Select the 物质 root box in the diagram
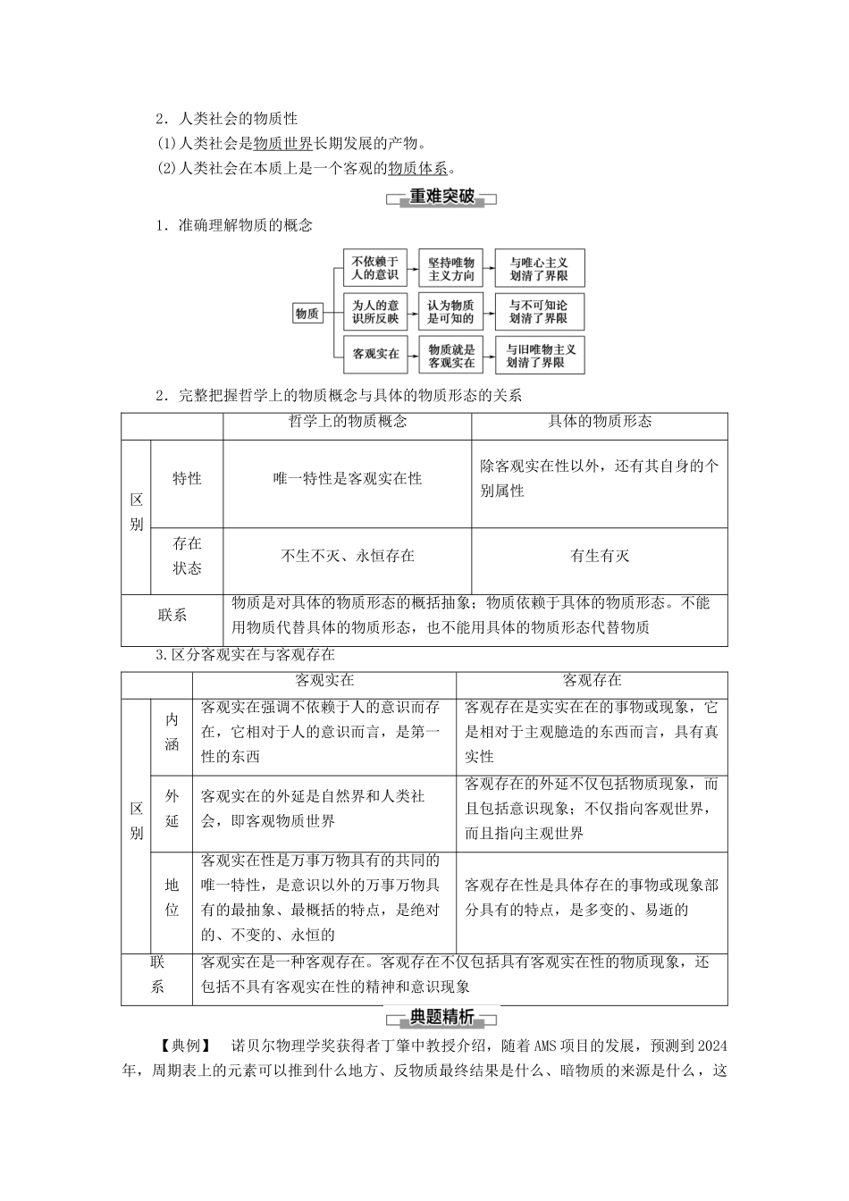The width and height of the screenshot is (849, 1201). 307,313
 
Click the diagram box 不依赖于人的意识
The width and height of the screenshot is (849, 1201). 375,268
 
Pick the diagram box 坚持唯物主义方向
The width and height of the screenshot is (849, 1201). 451,268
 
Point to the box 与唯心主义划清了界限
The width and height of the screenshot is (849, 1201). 539,268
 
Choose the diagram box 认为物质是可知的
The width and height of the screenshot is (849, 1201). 451,311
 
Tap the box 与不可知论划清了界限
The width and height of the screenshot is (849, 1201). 539,311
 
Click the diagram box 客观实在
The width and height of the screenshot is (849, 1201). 375,354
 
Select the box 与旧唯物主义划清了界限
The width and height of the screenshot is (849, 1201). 539,355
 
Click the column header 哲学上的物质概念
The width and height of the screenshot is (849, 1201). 348,422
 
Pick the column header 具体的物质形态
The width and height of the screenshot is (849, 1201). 599,422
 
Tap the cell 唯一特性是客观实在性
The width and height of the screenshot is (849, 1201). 347,479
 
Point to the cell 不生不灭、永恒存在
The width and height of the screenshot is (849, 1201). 347,556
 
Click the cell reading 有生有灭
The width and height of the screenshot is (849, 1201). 599,556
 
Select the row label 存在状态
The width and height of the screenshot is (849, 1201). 187,556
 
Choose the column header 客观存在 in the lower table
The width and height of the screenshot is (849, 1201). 592,681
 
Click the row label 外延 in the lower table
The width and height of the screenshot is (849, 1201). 172,809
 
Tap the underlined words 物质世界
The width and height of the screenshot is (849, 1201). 283,144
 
